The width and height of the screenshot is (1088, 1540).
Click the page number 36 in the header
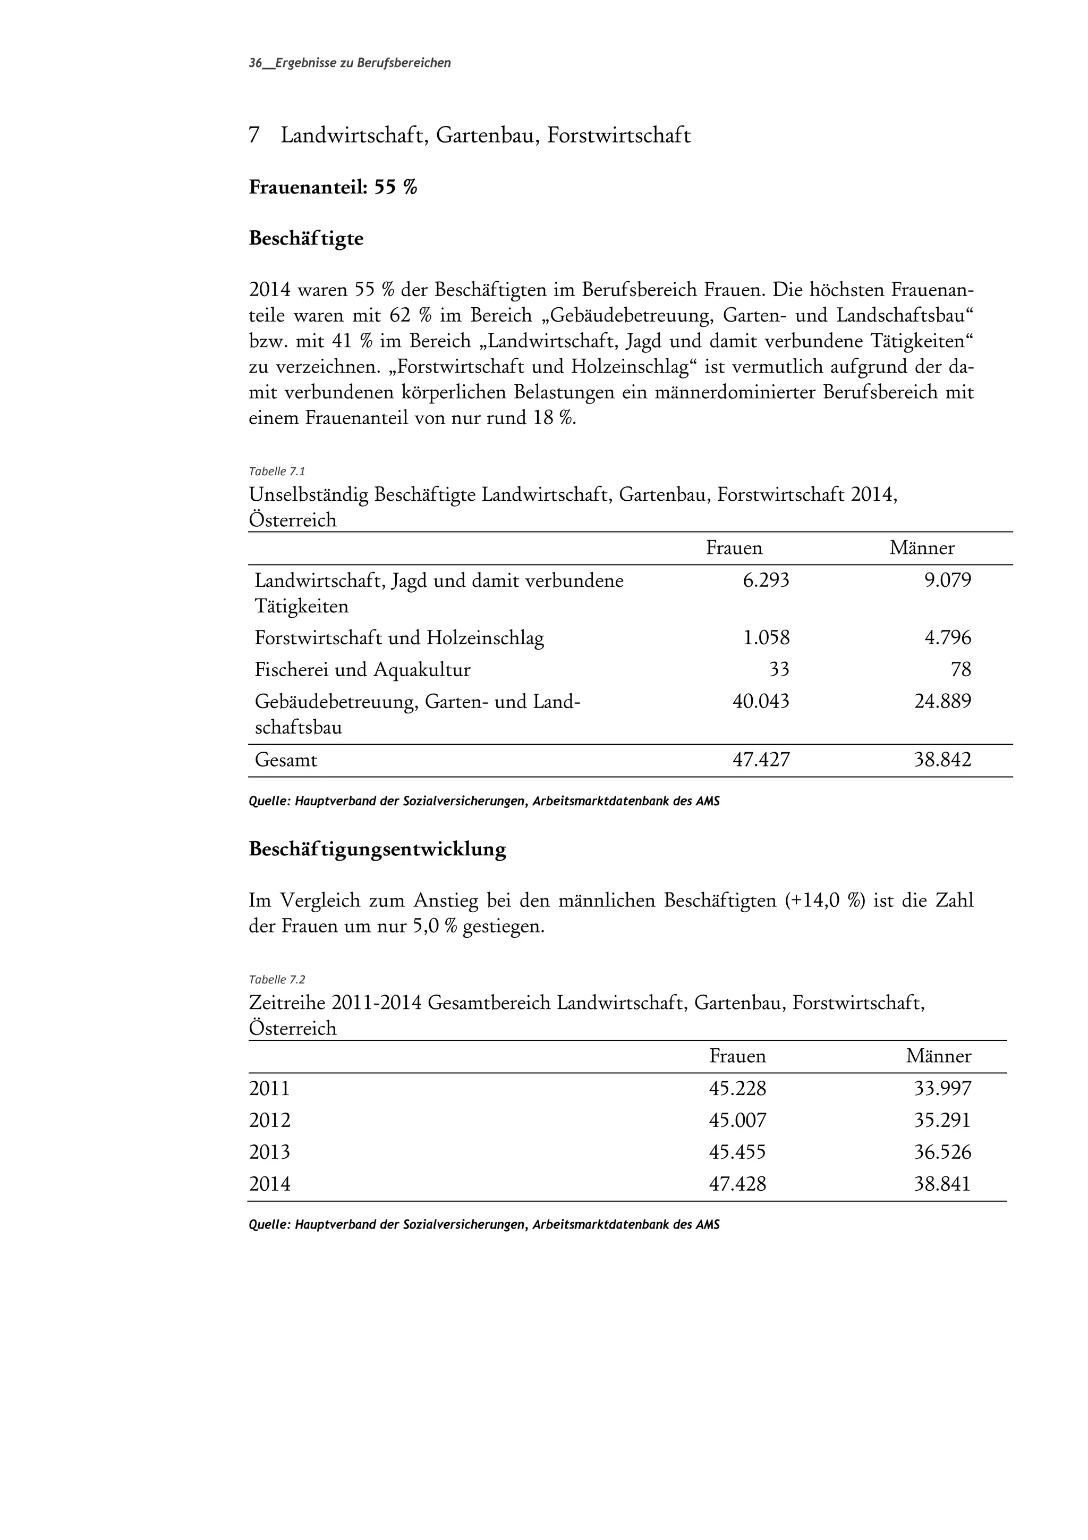coord(255,63)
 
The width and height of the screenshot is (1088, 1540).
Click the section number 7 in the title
coord(254,136)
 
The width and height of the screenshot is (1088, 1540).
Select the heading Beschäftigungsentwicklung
coord(377,849)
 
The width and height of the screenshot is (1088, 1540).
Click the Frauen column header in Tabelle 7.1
coord(734,548)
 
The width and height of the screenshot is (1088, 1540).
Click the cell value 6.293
coord(766,580)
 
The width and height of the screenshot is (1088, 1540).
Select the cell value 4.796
coord(947,637)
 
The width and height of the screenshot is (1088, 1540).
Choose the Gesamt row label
coord(286,761)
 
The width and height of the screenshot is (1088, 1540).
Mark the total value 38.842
coord(942,760)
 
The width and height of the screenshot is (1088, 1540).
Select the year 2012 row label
coord(269,1120)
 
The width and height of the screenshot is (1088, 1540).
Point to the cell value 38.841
coord(942,1184)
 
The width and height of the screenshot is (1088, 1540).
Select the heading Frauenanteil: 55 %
coord(333,187)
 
